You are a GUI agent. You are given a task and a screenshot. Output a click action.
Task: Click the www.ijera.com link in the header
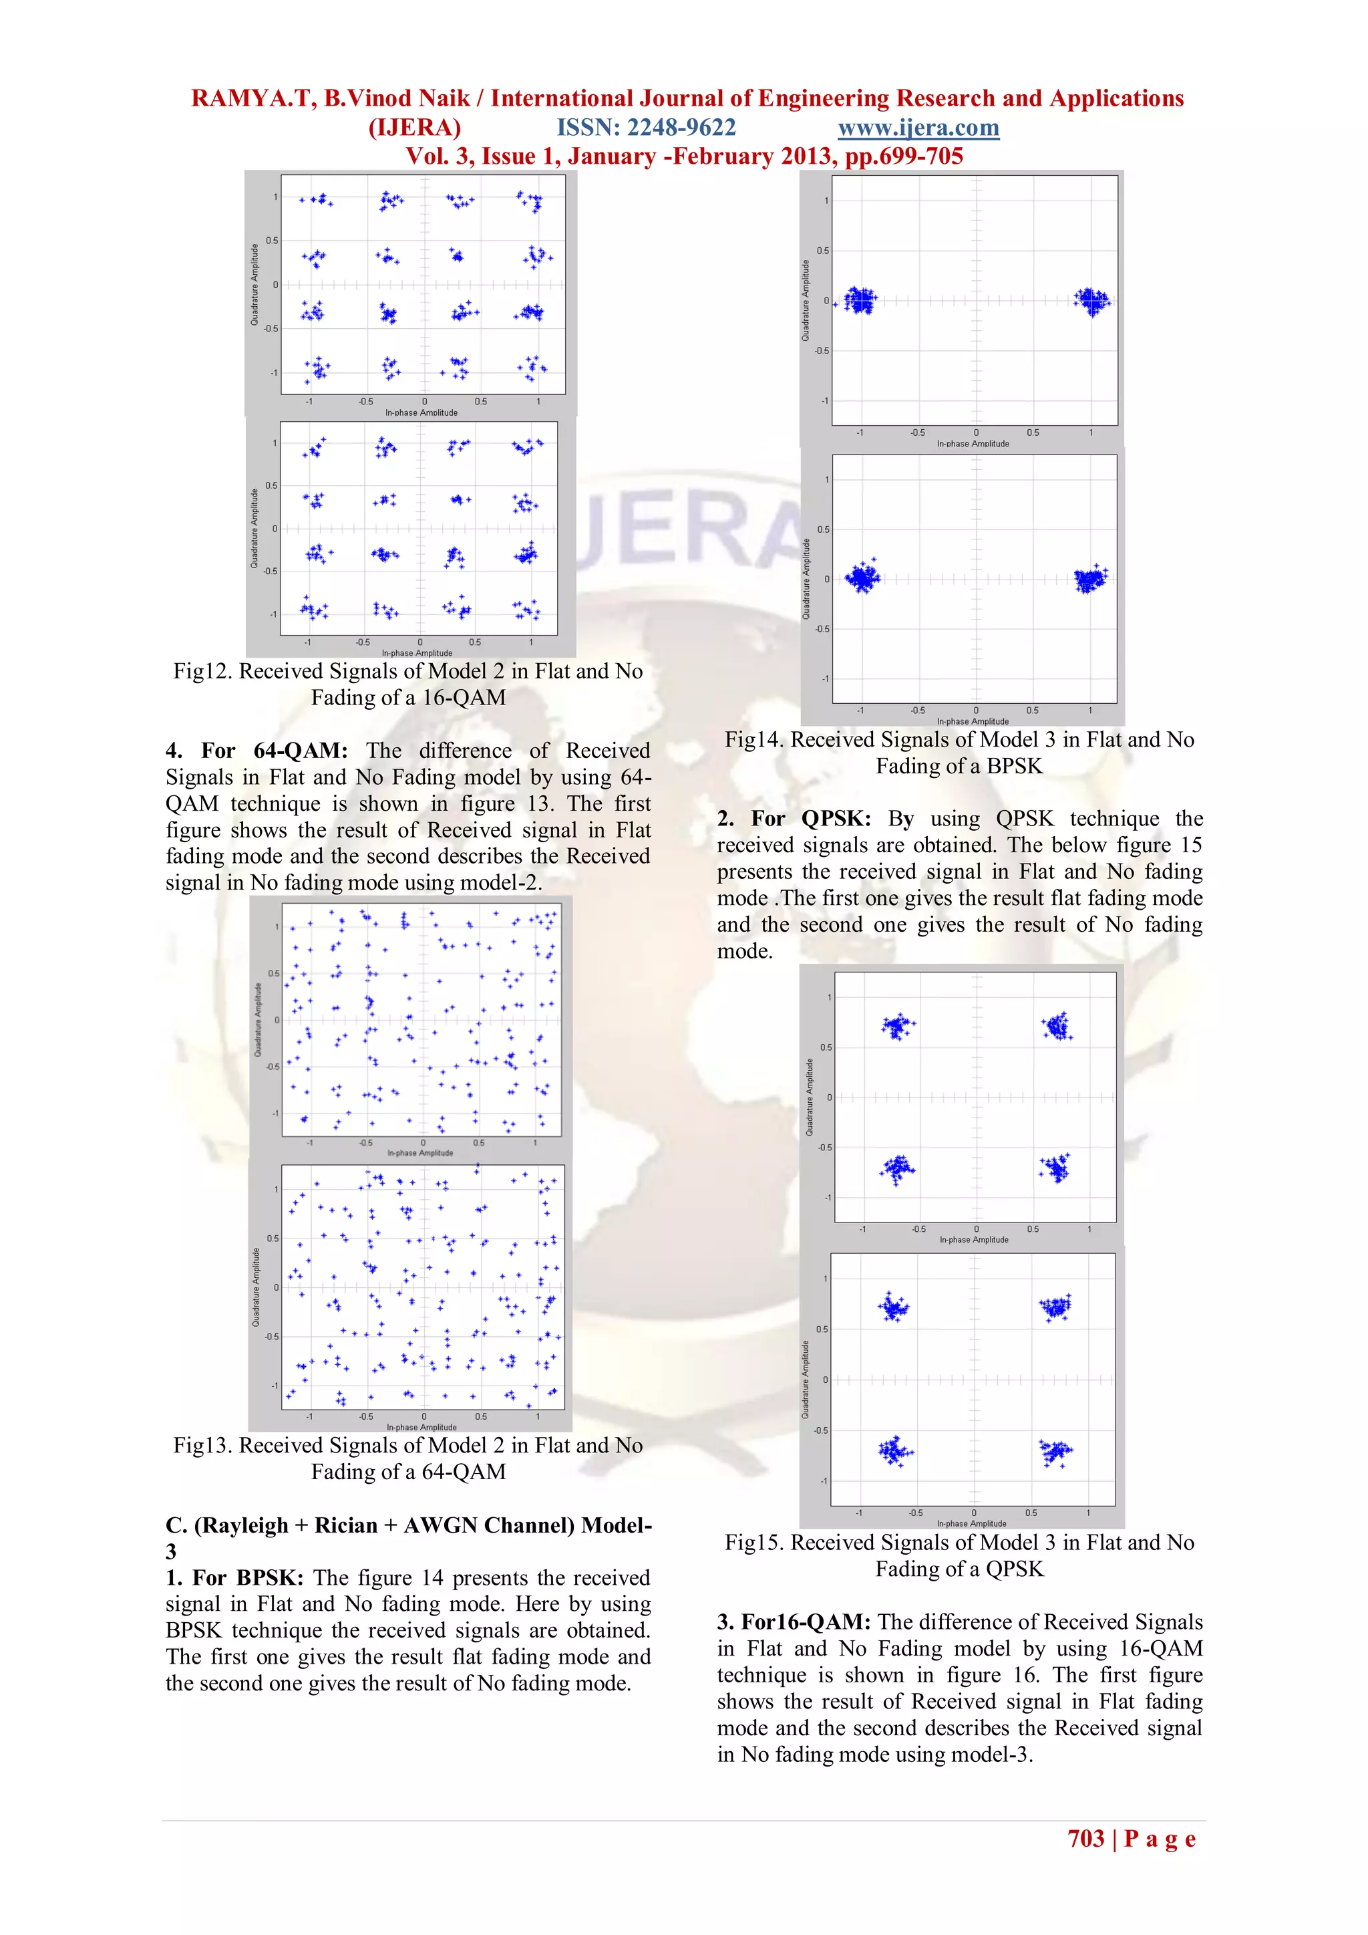click(918, 128)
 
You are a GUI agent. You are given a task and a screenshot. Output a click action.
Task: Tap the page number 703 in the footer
click(1086, 1838)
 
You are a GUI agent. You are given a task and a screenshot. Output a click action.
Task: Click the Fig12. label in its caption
click(203, 672)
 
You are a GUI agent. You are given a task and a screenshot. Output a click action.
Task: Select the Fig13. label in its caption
click(203, 1445)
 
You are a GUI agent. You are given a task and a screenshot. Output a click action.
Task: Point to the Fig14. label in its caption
click(755, 740)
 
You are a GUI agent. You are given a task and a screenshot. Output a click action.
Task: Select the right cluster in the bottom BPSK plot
click(1090, 579)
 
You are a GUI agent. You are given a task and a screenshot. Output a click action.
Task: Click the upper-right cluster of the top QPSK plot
click(1056, 1027)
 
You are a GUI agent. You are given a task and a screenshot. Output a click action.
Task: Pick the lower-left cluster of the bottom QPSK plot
click(894, 1451)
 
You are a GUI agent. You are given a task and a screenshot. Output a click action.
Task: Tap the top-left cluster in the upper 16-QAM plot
click(317, 201)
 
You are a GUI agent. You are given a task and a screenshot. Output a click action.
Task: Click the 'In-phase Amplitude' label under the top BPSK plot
click(973, 443)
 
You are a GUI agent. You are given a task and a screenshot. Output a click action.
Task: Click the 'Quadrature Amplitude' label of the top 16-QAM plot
click(254, 285)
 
